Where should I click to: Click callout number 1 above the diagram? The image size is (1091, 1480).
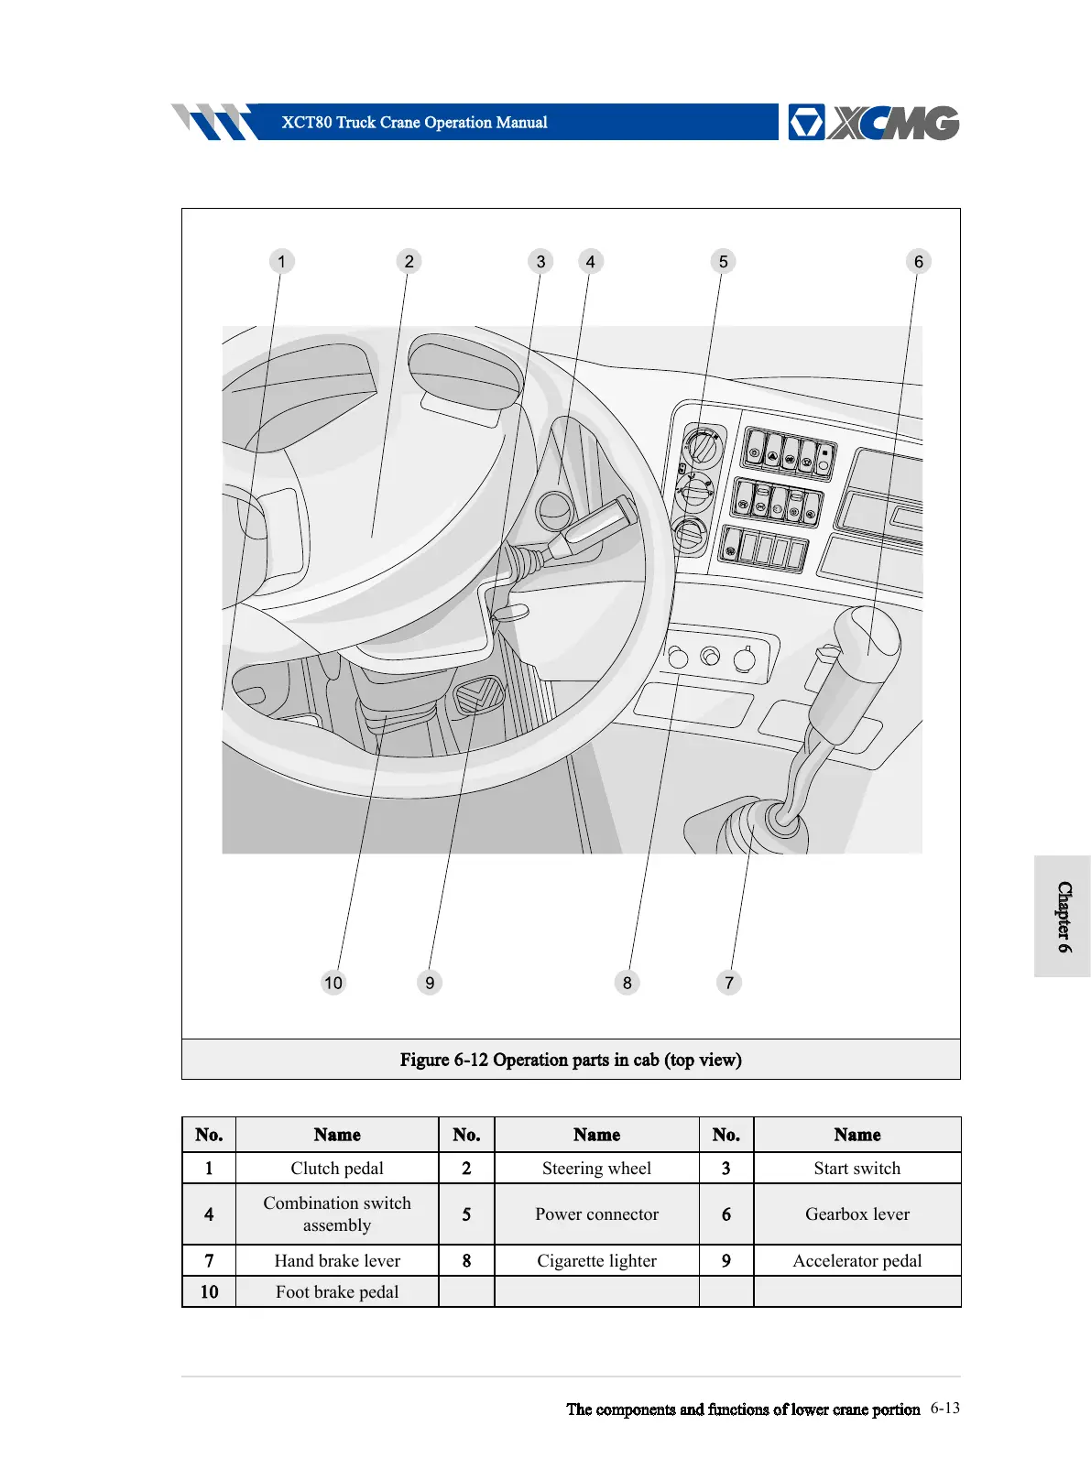(281, 262)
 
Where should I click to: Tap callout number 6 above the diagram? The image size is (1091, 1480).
(918, 262)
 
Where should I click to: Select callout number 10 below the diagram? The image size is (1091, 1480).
(333, 983)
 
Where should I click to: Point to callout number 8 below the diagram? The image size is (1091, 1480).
(627, 983)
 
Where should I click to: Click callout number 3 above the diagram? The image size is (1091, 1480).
(540, 262)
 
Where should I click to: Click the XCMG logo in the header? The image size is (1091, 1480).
(873, 123)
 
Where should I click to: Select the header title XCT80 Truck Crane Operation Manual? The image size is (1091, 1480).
(414, 123)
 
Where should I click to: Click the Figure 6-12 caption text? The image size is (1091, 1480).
(571, 1060)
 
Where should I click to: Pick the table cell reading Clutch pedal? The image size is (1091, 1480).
(337, 1169)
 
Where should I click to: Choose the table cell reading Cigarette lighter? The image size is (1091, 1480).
(596, 1261)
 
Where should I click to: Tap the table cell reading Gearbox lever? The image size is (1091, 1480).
(856, 1214)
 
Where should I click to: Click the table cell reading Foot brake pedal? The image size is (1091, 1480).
(337, 1292)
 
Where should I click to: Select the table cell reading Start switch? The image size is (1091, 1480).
(856, 1169)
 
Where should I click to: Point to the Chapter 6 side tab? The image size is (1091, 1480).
(1063, 917)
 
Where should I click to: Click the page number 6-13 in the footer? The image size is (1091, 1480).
(944, 1409)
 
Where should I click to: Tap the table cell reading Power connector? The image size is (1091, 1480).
(596, 1214)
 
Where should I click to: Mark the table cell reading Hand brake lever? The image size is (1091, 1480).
(337, 1261)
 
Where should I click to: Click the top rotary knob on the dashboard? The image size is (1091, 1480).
(704, 448)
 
